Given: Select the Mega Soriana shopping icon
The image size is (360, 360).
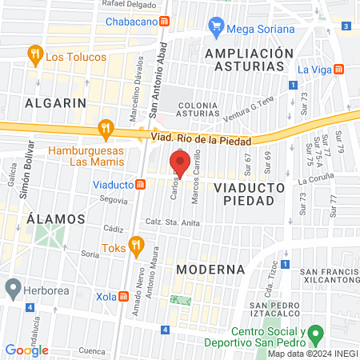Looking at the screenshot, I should click(x=215, y=26).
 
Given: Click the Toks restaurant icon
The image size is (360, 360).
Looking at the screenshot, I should click(x=136, y=245).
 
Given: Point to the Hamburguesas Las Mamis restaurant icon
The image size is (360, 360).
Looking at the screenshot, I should click(x=105, y=127).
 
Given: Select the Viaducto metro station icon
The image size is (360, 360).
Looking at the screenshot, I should click(x=141, y=184).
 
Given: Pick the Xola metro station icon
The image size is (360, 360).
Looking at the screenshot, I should click(x=125, y=296).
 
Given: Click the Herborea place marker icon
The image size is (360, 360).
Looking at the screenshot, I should click(x=12, y=286).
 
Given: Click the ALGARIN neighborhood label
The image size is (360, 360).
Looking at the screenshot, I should click(x=54, y=103).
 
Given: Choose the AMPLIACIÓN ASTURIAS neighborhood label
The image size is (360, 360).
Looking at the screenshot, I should click(x=249, y=60).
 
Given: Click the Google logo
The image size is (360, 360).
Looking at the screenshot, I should click(x=27, y=350).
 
